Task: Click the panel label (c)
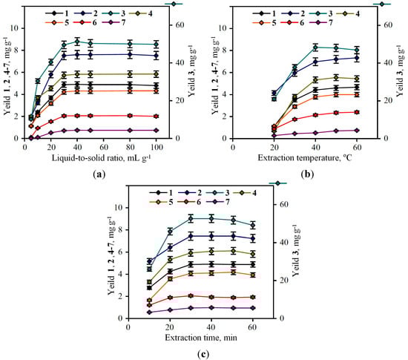201,353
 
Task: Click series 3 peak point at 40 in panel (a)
77,42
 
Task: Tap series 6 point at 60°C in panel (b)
357,112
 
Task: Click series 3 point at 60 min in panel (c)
254,225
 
